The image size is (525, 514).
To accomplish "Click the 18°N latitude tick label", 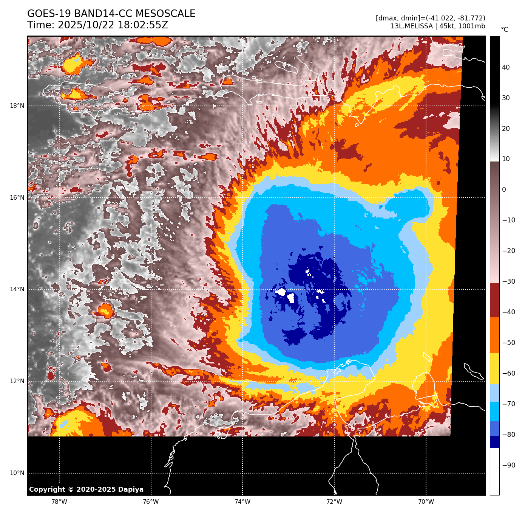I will click(17, 106).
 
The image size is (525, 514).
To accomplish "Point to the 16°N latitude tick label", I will click(17, 198).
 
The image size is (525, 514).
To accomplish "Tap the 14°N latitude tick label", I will click(17, 289).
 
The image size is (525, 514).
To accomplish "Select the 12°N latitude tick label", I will click(17, 381).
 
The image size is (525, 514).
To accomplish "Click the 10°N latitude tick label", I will click(17, 473).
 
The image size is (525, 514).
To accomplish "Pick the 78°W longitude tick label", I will click(59, 502).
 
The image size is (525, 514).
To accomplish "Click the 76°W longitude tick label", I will click(151, 502).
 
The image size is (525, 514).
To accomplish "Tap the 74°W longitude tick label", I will click(242, 502).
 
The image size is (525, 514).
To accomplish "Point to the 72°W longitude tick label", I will click(334, 502).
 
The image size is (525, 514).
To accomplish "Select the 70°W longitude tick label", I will click(426, 502).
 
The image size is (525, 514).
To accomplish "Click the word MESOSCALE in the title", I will click(165, 14).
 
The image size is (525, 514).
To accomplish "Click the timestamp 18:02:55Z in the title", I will click(143, 25).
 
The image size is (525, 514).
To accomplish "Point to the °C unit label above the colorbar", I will click(505, 30).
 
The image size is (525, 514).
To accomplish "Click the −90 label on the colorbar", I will click(509, 465).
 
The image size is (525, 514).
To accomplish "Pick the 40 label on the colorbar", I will click(506, 68).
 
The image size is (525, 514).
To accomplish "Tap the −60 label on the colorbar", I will click(509, 373).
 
